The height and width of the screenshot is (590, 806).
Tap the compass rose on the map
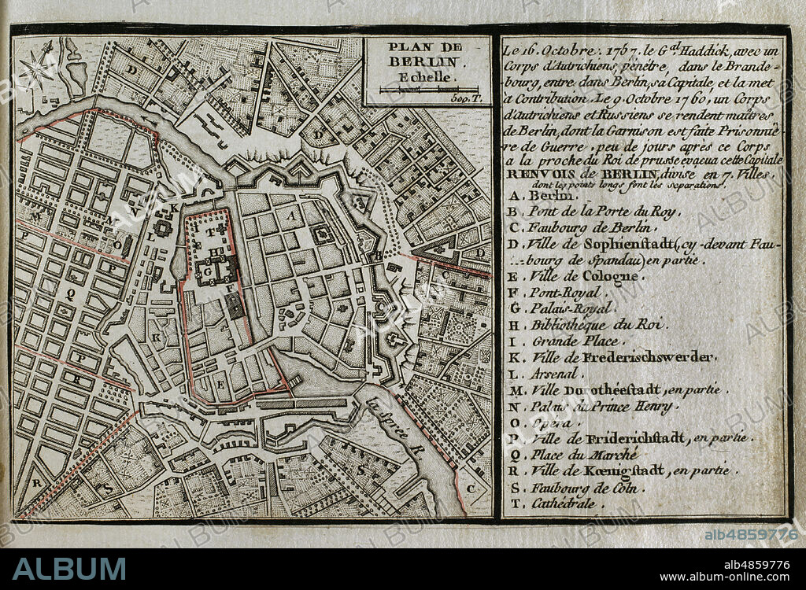click(x=36, y=69)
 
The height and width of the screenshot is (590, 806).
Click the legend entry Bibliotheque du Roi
click(x=597, y=325)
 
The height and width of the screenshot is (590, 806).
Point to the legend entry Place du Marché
click(x=582, y=455)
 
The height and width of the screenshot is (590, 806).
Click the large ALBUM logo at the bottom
click(x=69, y=568)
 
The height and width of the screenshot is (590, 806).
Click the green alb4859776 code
click(x=751, y=534)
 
